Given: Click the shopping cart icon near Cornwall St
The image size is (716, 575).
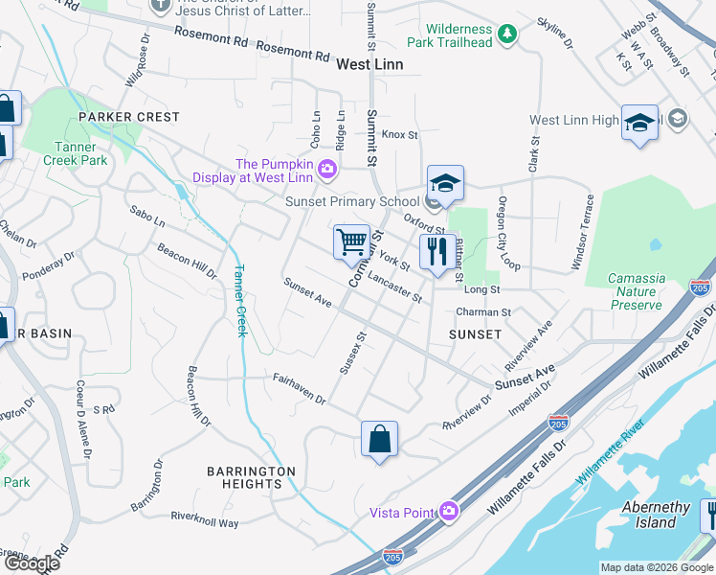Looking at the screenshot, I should [351, 241].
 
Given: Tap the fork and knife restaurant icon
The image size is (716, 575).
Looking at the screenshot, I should [437, 252].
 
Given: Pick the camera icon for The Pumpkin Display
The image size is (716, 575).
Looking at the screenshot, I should [327, 170].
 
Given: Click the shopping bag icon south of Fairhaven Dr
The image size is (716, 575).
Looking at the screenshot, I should [380, 439].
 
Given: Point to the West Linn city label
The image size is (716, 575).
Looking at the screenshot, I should [369, 64].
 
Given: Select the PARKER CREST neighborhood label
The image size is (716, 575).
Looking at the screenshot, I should [129, 117].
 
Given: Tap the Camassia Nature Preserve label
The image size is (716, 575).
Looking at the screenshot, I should [637, 291].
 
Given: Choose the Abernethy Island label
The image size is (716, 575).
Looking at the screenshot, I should [656, 515].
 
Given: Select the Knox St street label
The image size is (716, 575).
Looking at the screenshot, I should [399, 135].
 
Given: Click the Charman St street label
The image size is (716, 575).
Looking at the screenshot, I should [483, 311].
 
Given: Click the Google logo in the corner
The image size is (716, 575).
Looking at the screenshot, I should [32, 563].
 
